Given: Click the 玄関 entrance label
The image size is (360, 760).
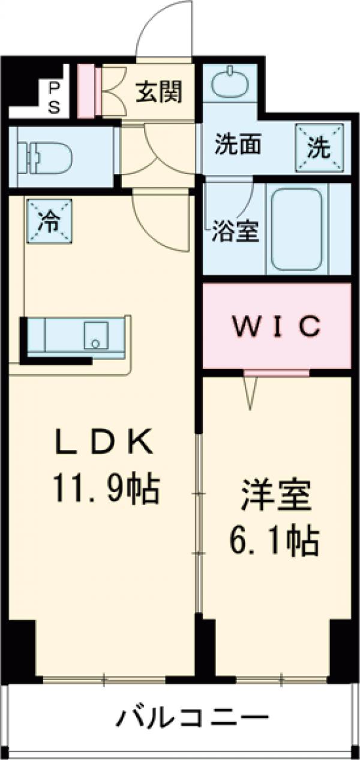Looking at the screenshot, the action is click(x=159, y=92).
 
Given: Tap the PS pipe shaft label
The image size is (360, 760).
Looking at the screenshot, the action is click(x=53, y=98).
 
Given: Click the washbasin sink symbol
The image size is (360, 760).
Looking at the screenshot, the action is click(x=230, y=82).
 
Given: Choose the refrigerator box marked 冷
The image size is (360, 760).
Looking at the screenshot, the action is click(x=50, y=221).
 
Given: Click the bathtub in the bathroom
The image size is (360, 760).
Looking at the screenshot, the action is click(x=297, y=230).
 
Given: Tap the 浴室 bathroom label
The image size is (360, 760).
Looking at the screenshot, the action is click(x=236, y=231).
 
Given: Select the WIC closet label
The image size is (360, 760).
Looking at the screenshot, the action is click(x=276, y=326).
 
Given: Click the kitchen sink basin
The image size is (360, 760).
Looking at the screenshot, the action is click(x=96, y=335).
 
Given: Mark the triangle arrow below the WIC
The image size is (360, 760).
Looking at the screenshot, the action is click(x=250, y=392).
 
